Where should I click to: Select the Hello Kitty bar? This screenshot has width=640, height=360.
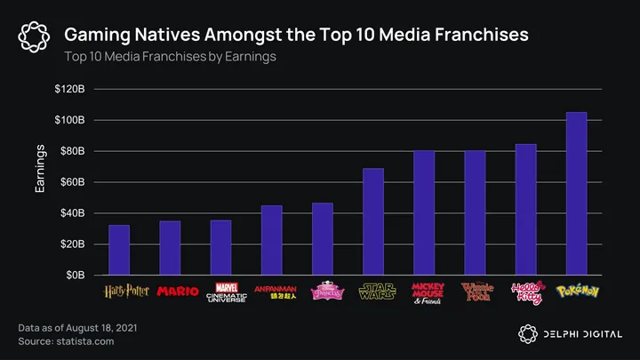tap(525, 210)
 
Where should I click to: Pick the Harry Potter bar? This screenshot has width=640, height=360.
tap(119, 250)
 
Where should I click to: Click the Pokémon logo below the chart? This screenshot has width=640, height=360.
tap(576, 291)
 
